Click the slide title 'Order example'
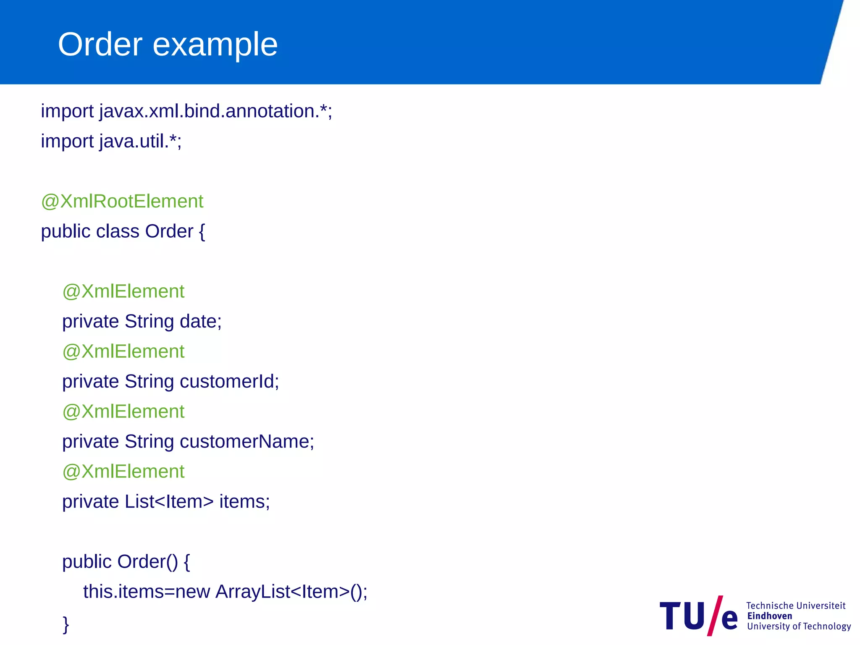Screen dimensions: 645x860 (x=168, y=45)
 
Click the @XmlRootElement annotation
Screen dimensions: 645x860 (x=122, y=202)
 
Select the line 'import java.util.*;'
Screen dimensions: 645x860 (x=111, y=142)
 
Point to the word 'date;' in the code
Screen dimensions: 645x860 (x=201, y=322)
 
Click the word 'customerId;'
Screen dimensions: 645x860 (x=229, y=382)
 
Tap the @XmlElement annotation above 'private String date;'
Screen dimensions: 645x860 (x=123, y=291)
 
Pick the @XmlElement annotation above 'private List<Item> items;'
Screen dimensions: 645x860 (x=123, y=472)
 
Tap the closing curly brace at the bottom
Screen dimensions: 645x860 (x=66, y=624)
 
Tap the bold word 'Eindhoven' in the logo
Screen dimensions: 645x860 (x=770, y=616)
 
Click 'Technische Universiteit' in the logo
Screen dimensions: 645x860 (x=796, y=606)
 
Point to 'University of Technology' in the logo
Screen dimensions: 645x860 (x=799, y=627)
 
